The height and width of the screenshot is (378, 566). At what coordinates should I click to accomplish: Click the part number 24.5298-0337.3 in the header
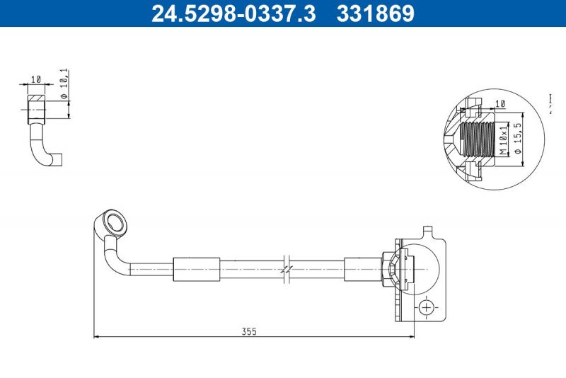[234, 13]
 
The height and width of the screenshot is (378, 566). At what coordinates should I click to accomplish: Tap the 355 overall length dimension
[248, 331]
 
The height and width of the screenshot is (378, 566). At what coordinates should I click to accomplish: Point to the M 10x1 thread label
[503, 139]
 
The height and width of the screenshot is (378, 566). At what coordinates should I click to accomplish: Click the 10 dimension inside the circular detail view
[501, 103]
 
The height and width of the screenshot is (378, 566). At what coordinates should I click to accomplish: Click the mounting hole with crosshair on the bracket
[426, 307]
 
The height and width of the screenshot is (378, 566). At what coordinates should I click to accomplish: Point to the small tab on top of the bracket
[427, 231]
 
